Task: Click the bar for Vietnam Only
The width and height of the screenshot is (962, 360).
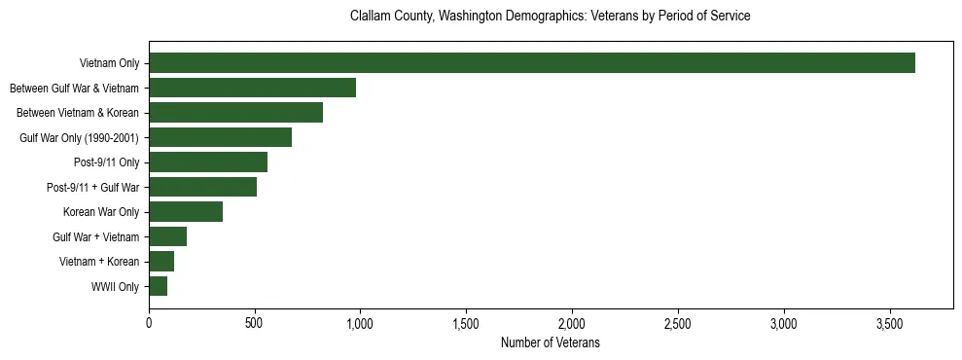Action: tap(532, 63)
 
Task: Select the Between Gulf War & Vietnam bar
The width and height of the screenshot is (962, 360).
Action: tap(253, 89)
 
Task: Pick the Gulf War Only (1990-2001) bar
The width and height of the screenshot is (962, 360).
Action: tap(221, 137)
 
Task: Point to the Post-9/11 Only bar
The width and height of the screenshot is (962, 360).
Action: tap(208, 162)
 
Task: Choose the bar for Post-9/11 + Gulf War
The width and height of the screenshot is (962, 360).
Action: tap(203, 187)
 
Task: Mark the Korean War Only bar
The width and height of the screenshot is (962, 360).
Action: tap(186, 212)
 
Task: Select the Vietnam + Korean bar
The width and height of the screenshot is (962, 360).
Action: tap(161, 262)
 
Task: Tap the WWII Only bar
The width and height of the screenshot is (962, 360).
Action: tap(159, 286)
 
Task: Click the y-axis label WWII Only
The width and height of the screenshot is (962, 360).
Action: tap(115, 287)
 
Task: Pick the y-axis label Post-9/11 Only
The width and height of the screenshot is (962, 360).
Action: tap(107, 162)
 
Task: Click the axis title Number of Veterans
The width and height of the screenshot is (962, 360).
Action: tap(551, 343)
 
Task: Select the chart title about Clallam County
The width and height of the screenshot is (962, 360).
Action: tap(551, 17)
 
